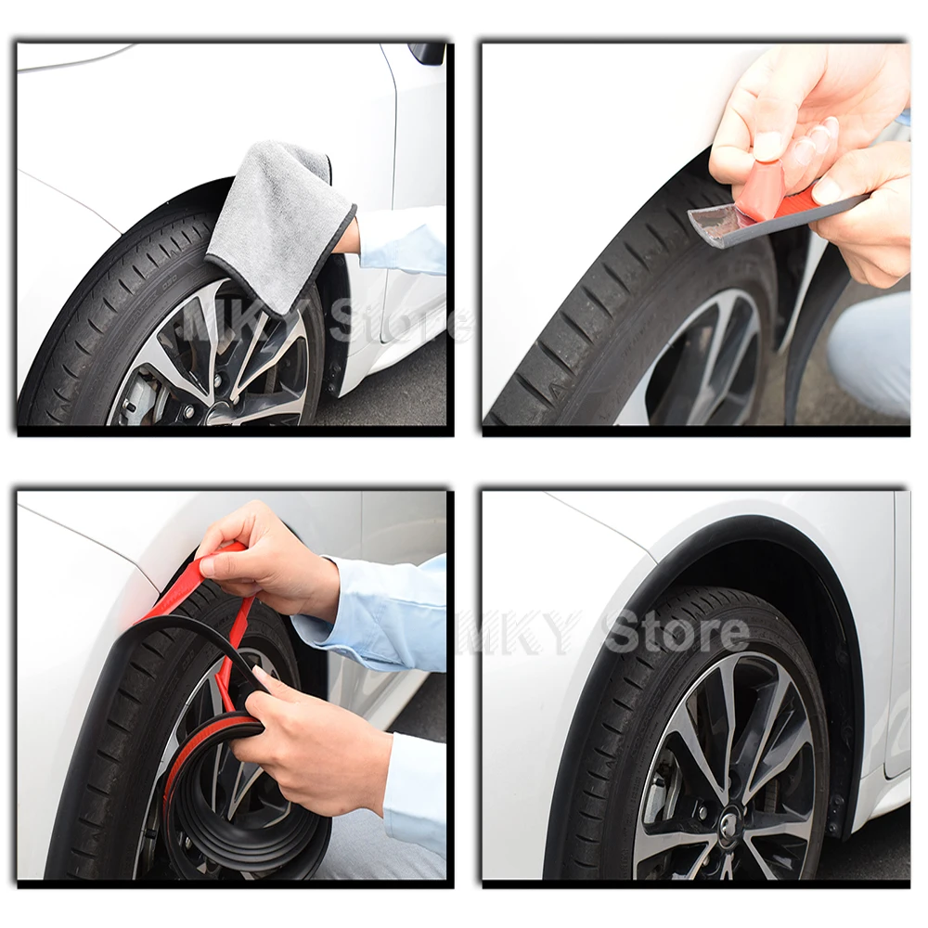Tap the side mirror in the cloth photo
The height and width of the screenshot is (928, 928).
[x=426, y=52]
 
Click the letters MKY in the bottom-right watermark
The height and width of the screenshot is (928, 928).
[x=521, y=631]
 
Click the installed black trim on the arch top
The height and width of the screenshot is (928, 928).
[x=728, y=527]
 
